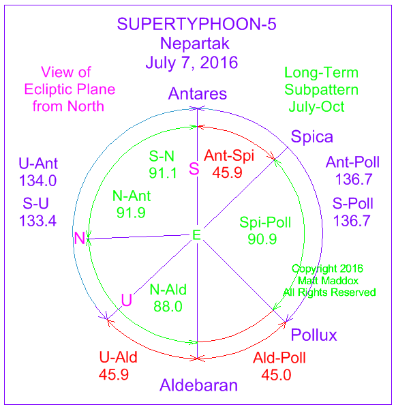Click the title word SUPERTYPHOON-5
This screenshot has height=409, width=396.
tap(196, 24)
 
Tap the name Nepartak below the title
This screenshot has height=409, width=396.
tap(195, 44)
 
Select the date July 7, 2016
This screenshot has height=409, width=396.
tap(192, 63)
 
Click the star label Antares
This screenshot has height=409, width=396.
tap(198, 93)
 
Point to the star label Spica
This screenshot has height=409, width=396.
tap(311, 137)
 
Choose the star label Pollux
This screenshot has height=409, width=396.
tap(314, 335)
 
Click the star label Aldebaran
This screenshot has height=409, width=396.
tap(198, 385)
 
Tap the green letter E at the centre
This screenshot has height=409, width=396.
tap(196, 234)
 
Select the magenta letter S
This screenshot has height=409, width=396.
tap(194, 168)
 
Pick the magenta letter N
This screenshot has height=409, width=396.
tap(80, 238)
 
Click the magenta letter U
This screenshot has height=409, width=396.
tap(127, 300)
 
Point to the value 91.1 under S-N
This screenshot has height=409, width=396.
tap(163, 173)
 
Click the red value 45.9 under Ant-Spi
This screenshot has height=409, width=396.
tap(227, 172)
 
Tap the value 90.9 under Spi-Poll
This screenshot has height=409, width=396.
tap(262, 239)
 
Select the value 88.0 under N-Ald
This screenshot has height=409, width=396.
tap(168, 306)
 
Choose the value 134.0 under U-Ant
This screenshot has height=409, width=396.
tap(37, 181)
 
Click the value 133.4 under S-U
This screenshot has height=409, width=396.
tap(37, 221)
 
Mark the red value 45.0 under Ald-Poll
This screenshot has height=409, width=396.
tap(276, 375)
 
